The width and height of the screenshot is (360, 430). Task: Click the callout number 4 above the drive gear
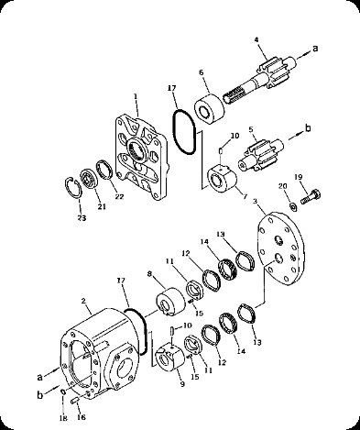tap(256, 39)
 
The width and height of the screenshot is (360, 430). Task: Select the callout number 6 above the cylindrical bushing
tap(202, 72)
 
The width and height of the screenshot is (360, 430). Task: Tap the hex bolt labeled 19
tap(311, 196)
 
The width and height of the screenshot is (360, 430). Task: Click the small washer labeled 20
tap(293, 207)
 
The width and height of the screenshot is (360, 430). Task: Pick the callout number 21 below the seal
tap(102, 206)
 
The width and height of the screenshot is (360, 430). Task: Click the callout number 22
tap(119, 196)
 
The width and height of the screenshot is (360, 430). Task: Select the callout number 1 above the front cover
tap(136, 96)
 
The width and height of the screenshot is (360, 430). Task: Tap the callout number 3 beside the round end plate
tap(255, 202)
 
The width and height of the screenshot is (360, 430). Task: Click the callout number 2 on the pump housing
tap(83, 301)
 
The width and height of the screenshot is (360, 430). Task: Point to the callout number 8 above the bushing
tap(149, 274)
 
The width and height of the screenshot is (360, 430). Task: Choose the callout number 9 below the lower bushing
tap(182, 384)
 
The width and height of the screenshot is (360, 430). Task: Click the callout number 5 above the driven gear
tap(251, 129)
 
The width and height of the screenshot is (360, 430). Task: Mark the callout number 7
tap(245, 196)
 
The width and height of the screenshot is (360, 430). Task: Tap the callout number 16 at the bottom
tap(82, 417)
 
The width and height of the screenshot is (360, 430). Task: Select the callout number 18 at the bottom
tap(63, 418)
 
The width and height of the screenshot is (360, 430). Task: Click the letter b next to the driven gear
tap(308, 128)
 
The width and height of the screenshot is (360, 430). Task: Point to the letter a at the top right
tap(315, 49)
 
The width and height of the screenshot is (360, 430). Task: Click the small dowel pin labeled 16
tap(75, 401)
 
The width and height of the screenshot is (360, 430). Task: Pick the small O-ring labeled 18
tap(62, 392)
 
